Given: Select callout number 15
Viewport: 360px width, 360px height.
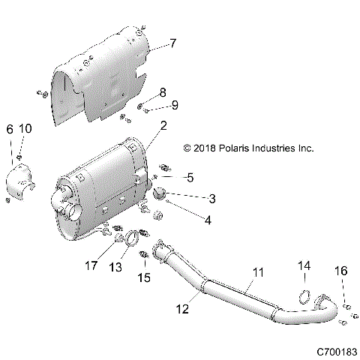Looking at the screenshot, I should (145, 277).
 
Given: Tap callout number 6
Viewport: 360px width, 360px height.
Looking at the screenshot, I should (10, 130).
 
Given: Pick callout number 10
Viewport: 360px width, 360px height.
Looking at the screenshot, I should (26, 130).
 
